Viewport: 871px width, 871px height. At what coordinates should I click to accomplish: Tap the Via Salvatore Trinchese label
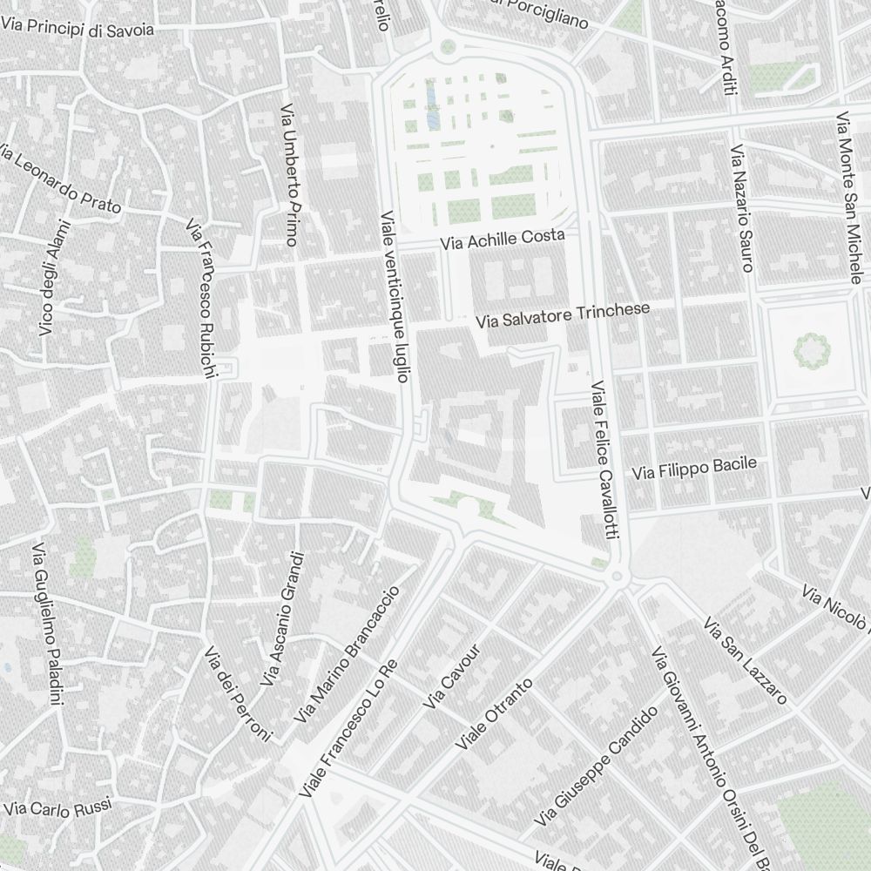[563, 316]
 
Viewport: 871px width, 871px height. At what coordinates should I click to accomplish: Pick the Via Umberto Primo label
[290, 174]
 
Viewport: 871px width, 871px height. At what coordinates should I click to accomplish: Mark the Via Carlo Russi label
[57, 807]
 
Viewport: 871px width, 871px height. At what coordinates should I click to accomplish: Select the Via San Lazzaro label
[745, 661]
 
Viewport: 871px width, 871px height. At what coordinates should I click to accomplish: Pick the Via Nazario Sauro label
[741, 208]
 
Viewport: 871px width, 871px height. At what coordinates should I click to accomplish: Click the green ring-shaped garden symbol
[812, 350]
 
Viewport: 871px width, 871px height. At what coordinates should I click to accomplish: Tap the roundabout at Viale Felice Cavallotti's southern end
[618, 577]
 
